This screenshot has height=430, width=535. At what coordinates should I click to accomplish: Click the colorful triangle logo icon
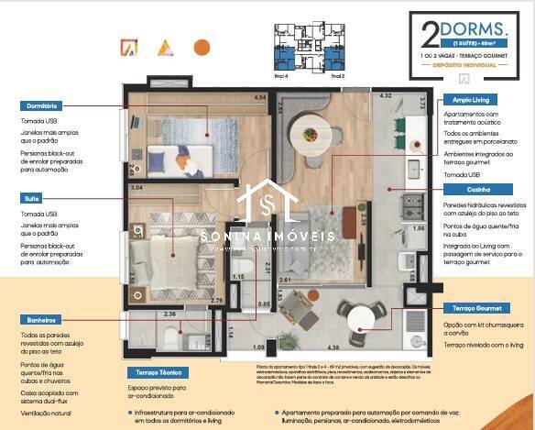click(164, 47)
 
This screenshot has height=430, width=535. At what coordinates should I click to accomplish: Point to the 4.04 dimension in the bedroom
click(259, 97)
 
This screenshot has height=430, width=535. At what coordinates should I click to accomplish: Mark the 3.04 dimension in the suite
click(136, 188)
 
